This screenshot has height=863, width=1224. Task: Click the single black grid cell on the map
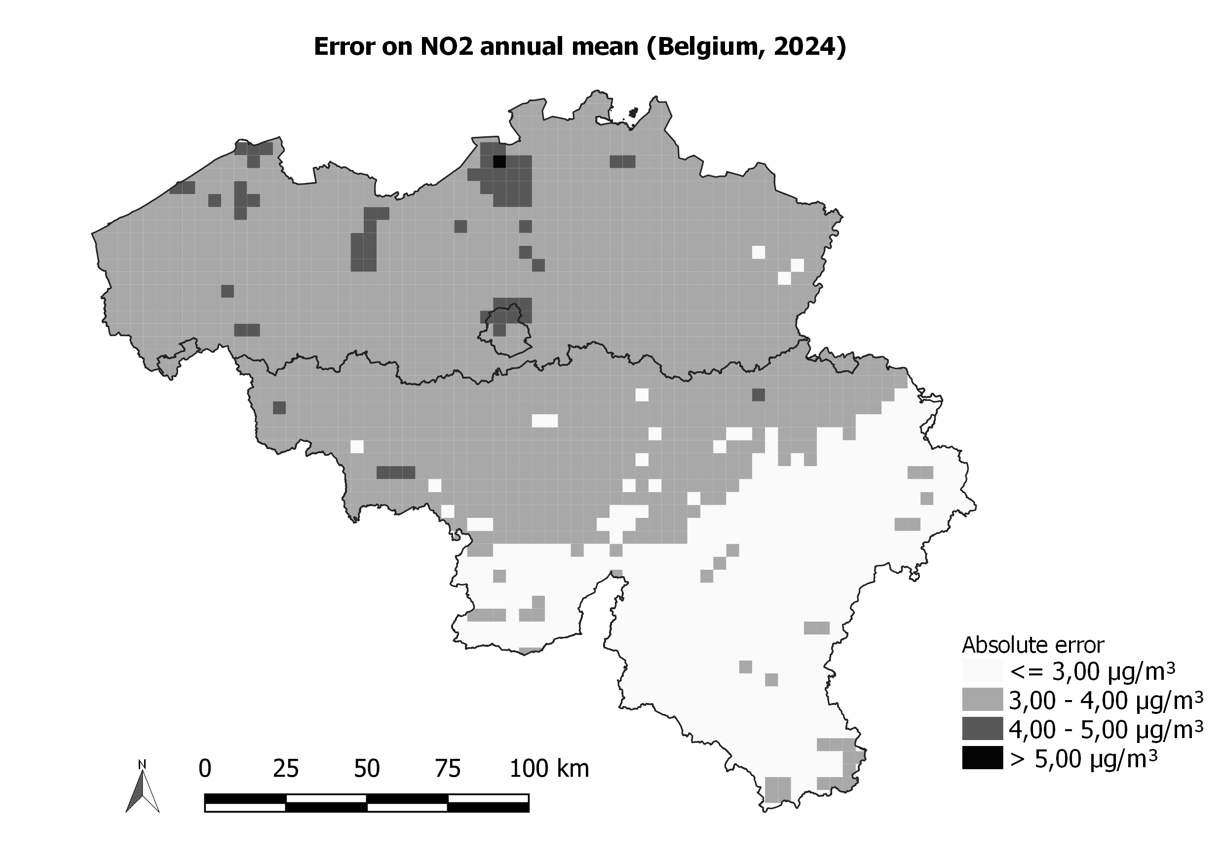(x=499, y=161)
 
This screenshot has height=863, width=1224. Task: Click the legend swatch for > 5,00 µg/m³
(x=982, y=758)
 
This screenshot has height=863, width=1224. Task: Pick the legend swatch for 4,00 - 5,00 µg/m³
(x=982, y=729)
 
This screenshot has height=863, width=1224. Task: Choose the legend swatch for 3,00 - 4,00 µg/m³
(x=982, y=700)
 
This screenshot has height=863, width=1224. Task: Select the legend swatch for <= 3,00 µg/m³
(x=982, y=671)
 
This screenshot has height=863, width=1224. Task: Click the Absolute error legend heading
(x=1033, y=645)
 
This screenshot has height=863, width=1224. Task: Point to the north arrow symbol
(x=142, y=790)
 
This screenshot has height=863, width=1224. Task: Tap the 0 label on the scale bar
(x=205, y=769)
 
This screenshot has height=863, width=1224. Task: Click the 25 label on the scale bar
(x=286, y=769)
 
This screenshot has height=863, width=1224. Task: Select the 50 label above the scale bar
(x=367, y=769)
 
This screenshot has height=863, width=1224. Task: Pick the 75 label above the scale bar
(x=448, y=769)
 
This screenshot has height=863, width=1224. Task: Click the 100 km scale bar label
(x=549, y=769)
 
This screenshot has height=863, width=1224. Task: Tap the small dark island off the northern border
(x=633, y=113)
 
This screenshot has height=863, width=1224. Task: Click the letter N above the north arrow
(x=142, y=765)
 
